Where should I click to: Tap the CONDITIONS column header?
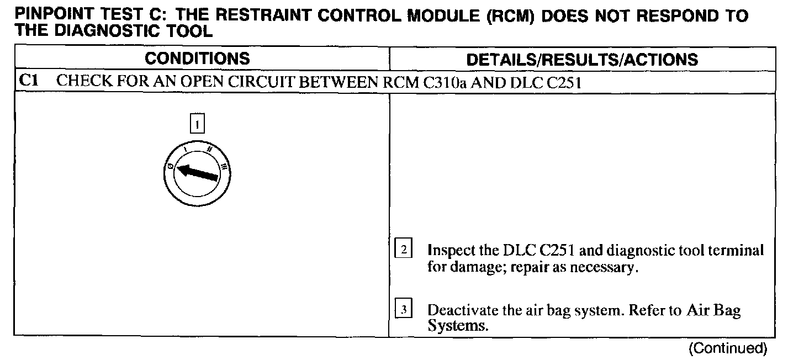click(197, 59)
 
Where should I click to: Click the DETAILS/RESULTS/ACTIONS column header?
click(582, 60)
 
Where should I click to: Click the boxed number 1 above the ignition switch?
click(197, 123)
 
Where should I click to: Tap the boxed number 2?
click(404, 250)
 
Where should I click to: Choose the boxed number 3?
click(404, 309)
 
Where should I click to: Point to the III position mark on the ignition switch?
click(224, 166)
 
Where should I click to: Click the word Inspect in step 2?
click(452, 251)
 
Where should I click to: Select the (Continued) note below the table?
click(728, 348)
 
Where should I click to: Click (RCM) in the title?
click(511, 15)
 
